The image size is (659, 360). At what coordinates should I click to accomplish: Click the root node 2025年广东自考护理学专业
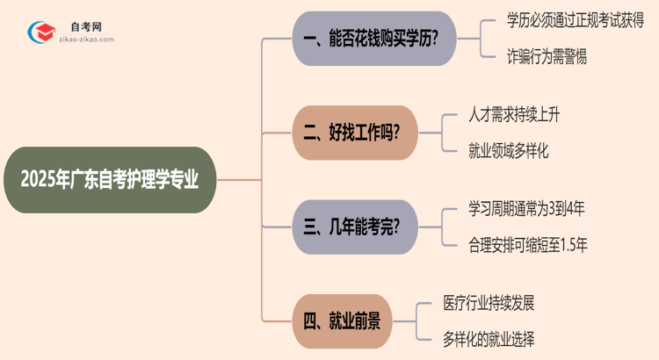tap(110, 180)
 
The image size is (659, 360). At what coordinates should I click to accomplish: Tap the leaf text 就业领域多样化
tap(510, 151)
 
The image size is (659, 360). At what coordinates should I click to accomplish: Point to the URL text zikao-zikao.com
tap(91, 40)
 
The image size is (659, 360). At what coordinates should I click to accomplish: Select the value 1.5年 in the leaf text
tap(572, 245)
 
